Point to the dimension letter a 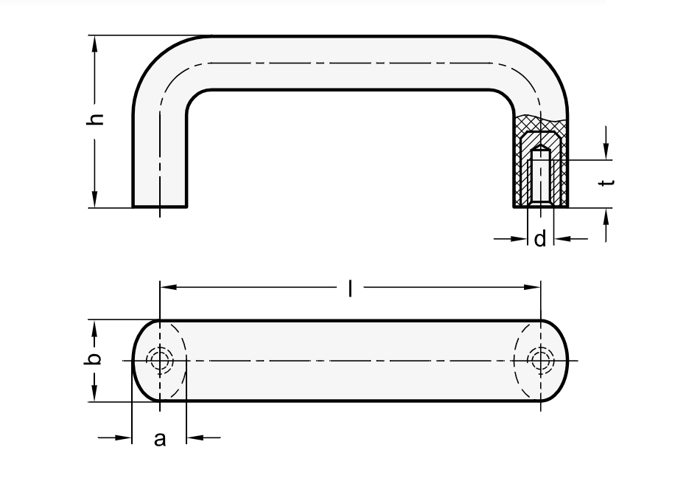[159, 440]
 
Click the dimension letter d [540, 239]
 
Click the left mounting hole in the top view [159, 360]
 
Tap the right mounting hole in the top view [541, 360]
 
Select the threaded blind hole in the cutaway [540, 177]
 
